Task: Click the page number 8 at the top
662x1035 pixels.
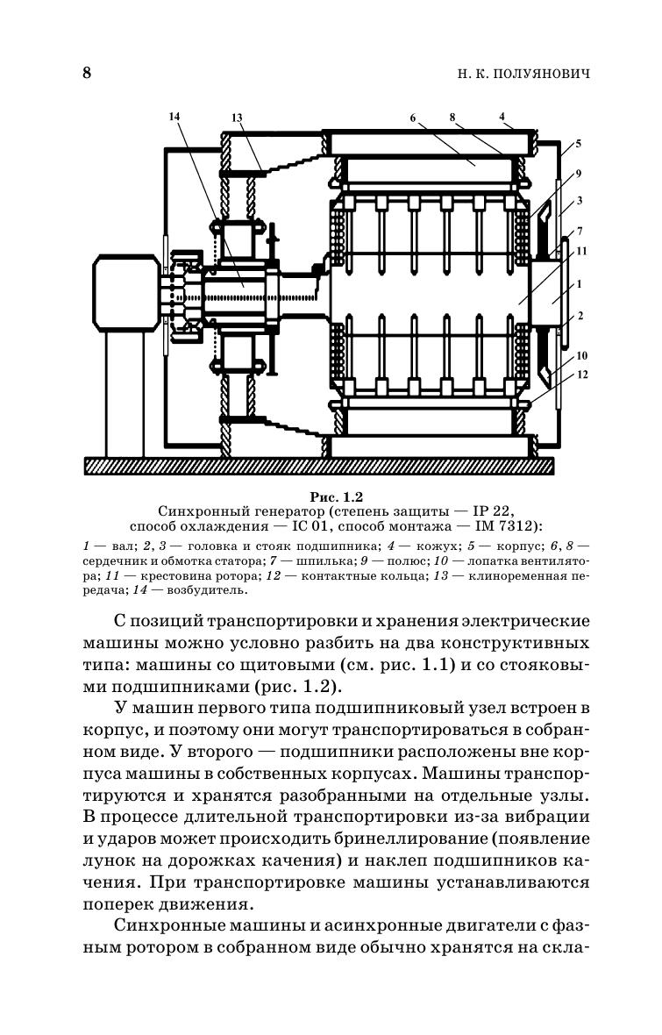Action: (87, 73)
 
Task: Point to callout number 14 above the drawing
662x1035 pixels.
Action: (173, 116)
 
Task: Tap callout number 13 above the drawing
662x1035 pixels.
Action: (237, 118)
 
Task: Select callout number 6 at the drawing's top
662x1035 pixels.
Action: (412, 116)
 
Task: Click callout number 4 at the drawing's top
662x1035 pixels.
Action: (502, 116)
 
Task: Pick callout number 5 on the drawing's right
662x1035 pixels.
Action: (578, 143)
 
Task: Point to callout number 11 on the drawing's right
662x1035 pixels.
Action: (581, 251)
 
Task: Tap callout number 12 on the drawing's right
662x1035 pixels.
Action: (581, 375)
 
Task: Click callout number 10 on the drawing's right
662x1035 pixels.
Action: (581, 355)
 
